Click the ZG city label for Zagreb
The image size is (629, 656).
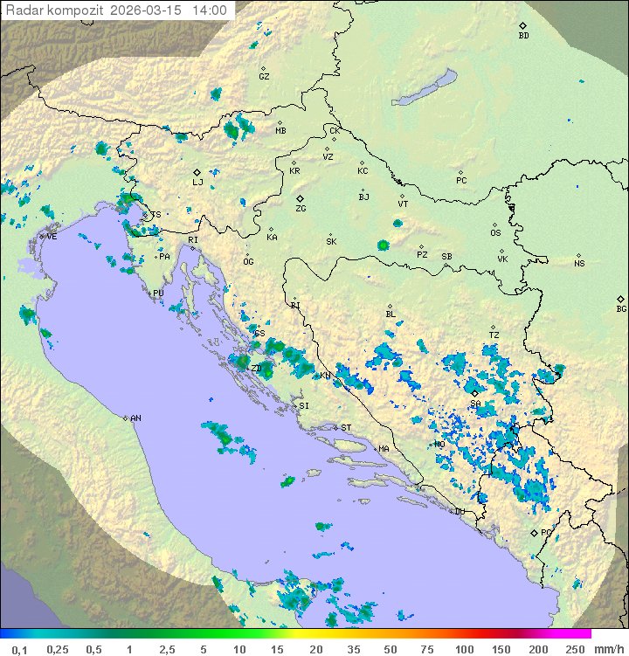click(301, 209)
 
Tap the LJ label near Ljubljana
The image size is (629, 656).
click(197, 182)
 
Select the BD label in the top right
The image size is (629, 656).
click(523, 36)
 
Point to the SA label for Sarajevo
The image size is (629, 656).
click(475, 404)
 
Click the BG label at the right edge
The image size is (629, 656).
click(621, 308)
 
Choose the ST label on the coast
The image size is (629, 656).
click(346, 427)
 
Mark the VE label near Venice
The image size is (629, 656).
click(52, 236)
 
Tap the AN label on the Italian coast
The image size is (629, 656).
click(135, 418)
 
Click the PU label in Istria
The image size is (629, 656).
click(158, 293)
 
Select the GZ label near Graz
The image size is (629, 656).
click(264, 76)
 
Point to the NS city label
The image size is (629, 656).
click(579, 263)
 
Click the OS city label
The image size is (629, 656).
click(495, 233)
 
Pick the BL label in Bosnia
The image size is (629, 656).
click(391, 314)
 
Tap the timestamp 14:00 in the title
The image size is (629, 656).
click(210, 10)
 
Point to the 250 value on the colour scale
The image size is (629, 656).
click(574, 649)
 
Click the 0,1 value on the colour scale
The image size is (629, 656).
click(19, 649)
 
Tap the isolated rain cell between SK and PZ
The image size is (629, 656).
click(383, 245)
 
